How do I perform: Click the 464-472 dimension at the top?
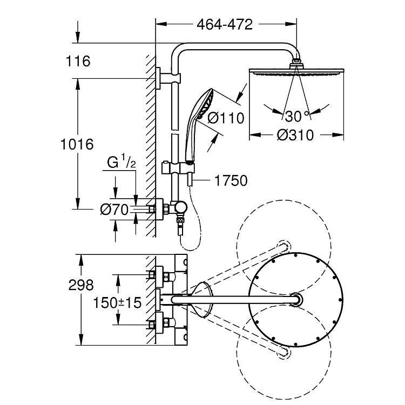(225, 24)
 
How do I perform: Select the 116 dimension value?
(78, 61)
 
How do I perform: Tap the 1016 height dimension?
(77, 144)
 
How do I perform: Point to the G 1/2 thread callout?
(122, 161)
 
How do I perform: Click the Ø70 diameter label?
(114, 210)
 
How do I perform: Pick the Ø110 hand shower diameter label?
(226, 118)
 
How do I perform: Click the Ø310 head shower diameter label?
(295, 135)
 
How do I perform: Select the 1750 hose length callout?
(231, 180)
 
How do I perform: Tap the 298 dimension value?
(81, 286)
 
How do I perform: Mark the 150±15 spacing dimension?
(117, 303)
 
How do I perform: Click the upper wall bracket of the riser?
(168, 78)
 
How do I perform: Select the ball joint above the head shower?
(296, 63)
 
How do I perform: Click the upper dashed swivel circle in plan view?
(283, 200)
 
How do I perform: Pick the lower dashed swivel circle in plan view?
(283, 400)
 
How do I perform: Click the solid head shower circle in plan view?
(296, 252)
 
